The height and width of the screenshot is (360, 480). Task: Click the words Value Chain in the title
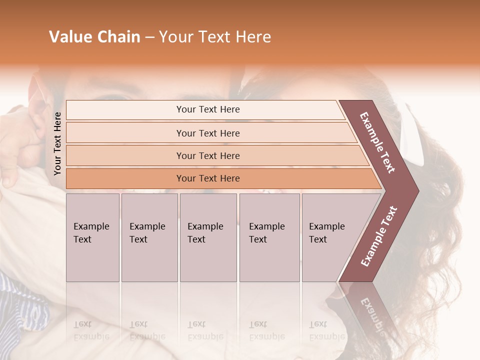coord(94,37)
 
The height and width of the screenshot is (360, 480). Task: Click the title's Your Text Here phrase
coord(215,37)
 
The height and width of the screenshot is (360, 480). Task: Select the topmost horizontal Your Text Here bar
coord(207,109)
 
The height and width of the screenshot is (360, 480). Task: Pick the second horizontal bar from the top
coord(207,133)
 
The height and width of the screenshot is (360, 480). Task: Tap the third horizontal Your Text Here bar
coord(207,155)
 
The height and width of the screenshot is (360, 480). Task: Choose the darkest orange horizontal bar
coord(207,178)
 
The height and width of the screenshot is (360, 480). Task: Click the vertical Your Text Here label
coord(57,143)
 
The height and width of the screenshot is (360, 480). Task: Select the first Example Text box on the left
coord(92,237)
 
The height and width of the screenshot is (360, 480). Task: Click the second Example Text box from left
coord(149,237)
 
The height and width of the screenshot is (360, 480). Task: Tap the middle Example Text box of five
coord(208,237)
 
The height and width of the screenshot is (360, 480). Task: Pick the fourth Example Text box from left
coord(269,237)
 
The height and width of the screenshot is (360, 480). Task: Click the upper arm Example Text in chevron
coord(377,142)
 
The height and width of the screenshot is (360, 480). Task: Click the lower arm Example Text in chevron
coord(379,236)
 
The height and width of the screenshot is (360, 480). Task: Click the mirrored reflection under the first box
coord(92,320)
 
